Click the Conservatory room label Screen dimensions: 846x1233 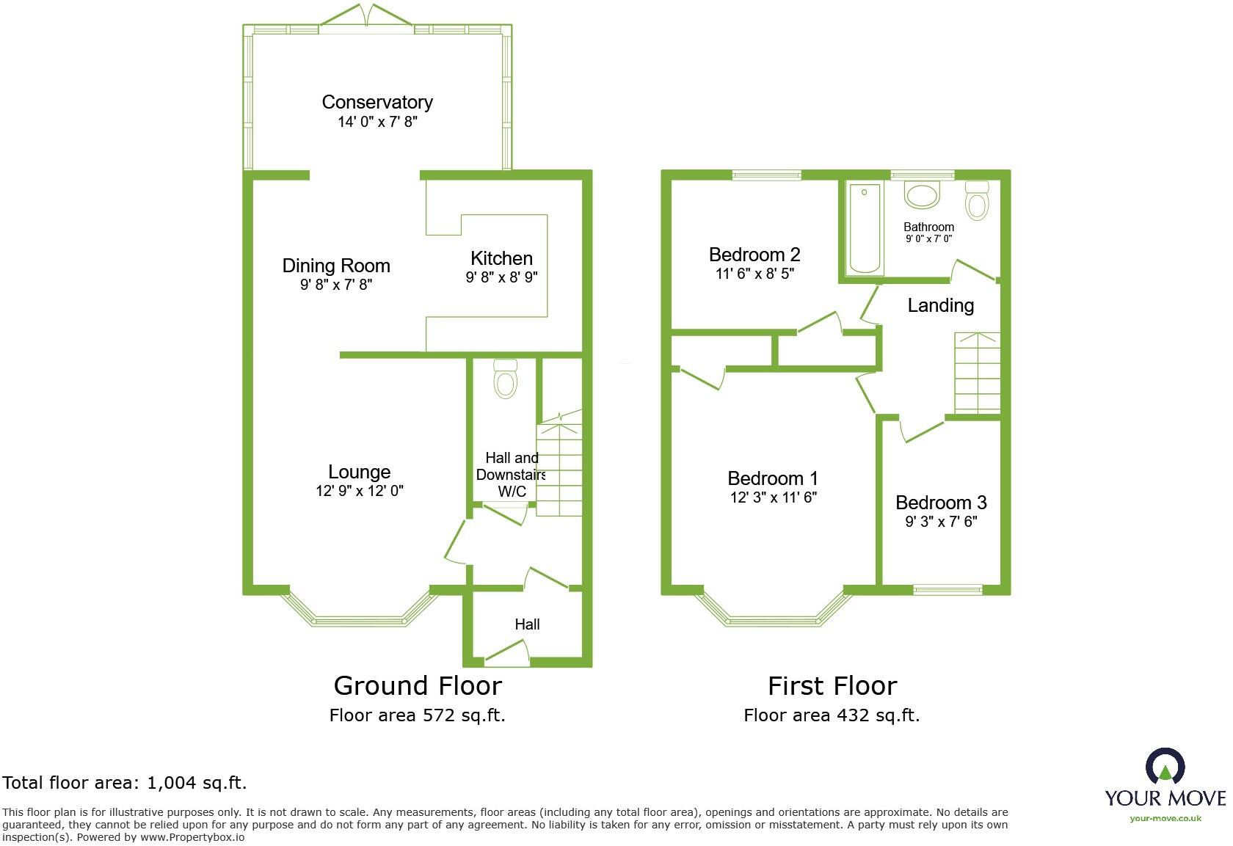click(377, 102)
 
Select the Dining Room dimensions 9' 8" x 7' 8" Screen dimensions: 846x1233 click(336, 285)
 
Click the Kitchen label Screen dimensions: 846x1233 click(501, 258)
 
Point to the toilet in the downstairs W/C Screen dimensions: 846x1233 click(506, 379)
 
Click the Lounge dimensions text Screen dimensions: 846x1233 click(360, 491)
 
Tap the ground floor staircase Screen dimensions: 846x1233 click(559, 470)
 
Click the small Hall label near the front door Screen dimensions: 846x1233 click(527, 624)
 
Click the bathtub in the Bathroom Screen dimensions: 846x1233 click(865, 228)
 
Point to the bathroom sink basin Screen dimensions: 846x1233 click(921, 195)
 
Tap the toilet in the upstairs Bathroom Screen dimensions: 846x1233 click(977, 200)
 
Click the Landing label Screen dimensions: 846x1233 click(941, 305)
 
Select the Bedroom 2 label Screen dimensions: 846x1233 click(754, 255)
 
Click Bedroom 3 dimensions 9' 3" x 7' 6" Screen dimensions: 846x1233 click(941, 522)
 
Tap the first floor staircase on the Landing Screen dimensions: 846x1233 click(977, 373)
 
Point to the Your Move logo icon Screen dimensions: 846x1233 click(1165, 767)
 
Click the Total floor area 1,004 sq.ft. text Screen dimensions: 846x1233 click(125, 783)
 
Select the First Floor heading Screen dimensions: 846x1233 click(832, 686)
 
